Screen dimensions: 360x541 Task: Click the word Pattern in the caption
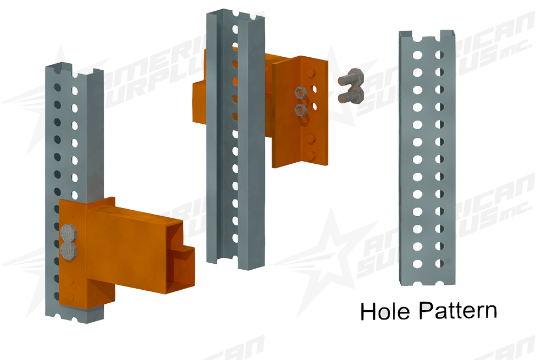point(458,311)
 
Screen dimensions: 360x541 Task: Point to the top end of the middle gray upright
point(234,14)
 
